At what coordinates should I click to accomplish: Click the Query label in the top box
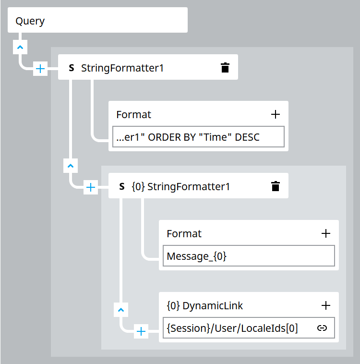[30, 21]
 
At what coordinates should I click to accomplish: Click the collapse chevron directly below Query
[20, 47]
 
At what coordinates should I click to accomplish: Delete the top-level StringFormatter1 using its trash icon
[225, 68]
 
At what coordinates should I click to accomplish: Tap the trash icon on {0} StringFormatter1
[275, 186]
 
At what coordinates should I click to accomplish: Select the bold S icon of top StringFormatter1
[72, 68]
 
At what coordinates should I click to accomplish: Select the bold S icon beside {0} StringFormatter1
[122, 187]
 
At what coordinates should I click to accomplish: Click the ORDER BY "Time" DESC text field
[198, 137]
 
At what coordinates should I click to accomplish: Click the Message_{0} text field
[248, 256]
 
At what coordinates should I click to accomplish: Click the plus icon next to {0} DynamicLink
[325, 305]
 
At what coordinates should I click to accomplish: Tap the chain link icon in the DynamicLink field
[322, 328]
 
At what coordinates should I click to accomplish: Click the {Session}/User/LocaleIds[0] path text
[232, 328]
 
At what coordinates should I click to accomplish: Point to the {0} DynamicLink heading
[205, 305]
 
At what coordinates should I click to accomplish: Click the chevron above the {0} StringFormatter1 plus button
[70, 166]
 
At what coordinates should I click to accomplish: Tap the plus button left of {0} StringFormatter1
[91, 187]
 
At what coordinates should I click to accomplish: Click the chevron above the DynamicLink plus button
[120, 309]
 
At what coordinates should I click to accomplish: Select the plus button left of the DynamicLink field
[141, 331]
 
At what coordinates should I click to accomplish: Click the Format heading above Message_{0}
[184, 233]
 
